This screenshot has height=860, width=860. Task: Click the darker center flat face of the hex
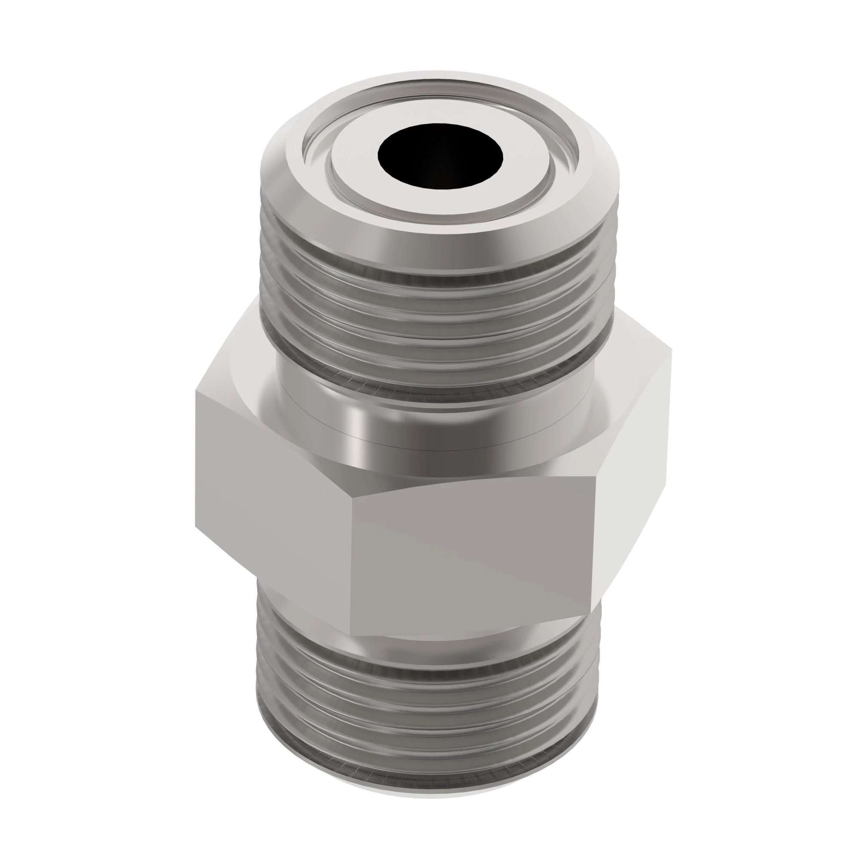(472, 552)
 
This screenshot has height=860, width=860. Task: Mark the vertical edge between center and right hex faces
(596, 534)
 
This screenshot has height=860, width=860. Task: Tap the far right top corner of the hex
(670, 352)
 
